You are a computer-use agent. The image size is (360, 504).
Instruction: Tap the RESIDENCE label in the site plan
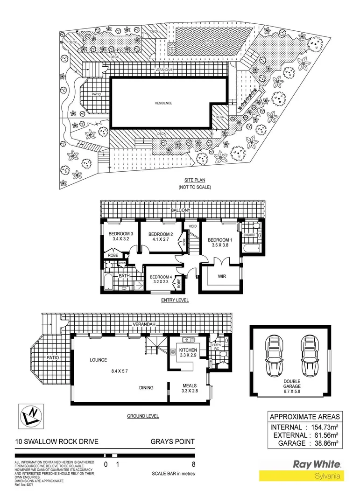tap(163, 103)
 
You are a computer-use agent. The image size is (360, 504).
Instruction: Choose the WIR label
tap(222, 276)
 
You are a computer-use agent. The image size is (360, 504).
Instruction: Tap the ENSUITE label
tap(249, 235)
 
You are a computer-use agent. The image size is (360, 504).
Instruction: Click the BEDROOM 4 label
tap(161, 277)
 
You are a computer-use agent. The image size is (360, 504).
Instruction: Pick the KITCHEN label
tap(188, 350)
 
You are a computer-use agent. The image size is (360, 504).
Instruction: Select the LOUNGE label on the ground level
tap(99, 360)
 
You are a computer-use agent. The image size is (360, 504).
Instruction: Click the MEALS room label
tap(189, 385)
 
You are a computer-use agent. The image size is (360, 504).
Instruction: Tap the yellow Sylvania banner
tap(301, 476)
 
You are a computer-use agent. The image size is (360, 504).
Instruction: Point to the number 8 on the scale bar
tap(193, 464)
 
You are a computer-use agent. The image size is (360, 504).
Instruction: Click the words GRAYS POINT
tap(172, 442)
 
